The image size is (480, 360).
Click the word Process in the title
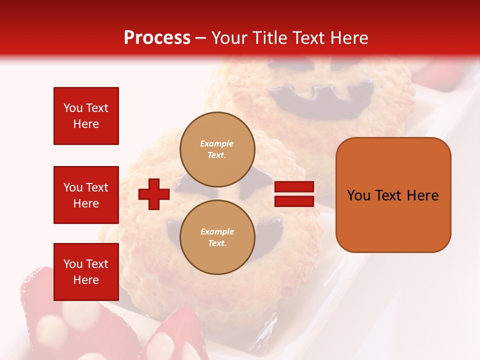pos(157,37)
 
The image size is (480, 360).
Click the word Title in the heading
pos(267,37)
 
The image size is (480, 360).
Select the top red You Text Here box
pos(86,116)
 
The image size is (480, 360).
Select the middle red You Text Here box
pos(86,195)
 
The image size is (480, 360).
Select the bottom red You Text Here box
pos(86,272)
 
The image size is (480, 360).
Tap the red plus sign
pos(154,194)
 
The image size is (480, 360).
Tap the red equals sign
pos(294,194)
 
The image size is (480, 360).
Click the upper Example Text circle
pos(217,149)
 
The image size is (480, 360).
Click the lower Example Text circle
pos(217,237)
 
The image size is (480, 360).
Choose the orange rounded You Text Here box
pos(393,195)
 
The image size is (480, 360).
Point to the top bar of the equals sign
pos(294,187)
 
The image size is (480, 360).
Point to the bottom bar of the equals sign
pos(294,201)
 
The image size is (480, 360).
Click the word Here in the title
pos(350,37)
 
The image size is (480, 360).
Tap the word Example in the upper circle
pos(216,143)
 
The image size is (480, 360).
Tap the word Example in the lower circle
pos(217,231)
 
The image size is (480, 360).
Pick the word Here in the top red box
pos(86,124)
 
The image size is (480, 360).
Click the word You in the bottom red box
pos(73,264)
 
